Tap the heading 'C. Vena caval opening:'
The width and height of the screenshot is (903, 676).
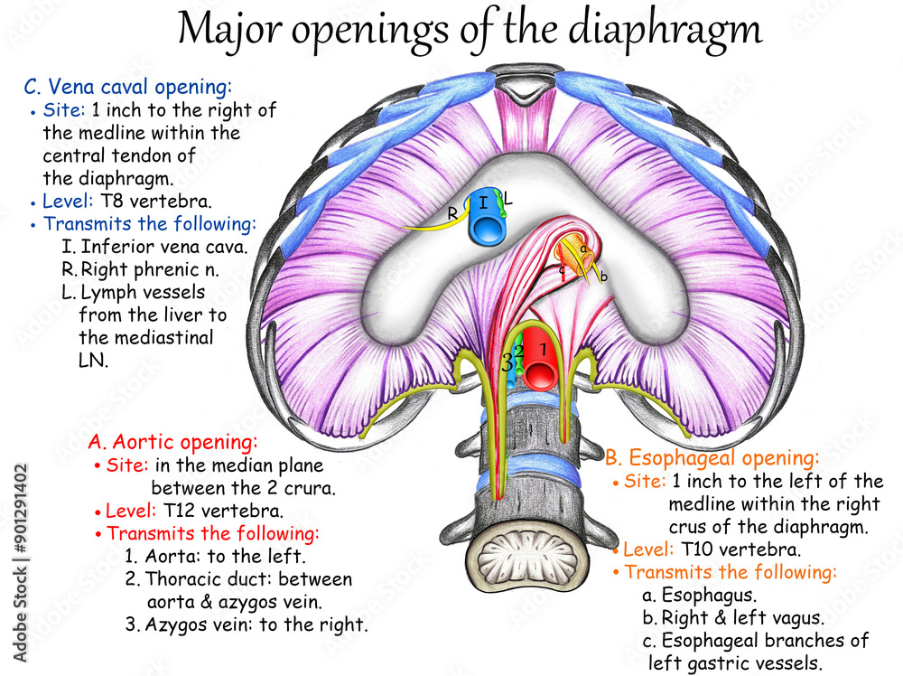click(x=127, y=87)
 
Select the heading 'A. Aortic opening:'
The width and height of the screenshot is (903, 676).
click(x=173, y=443)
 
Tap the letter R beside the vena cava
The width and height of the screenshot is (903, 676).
click(x=452, y=213)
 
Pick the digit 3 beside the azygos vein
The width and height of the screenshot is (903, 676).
click(x=507, y=363)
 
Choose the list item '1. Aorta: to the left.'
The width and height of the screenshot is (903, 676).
click(x=216, y=556)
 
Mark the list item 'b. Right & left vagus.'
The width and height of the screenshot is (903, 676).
click(x=732, y=618)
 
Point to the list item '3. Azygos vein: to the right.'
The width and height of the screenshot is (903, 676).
click(x=246, y=624)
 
